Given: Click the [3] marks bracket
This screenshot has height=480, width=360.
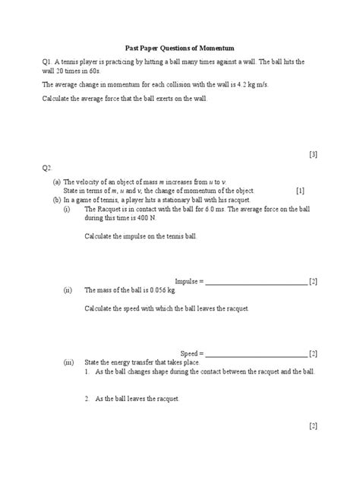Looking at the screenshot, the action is click(313, 154).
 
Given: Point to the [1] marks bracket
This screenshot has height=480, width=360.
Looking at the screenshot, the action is click(301, 190).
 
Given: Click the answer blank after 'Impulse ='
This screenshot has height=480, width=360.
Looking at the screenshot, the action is click(257, 281).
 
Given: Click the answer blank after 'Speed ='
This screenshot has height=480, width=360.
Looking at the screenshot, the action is click(256, 354).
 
